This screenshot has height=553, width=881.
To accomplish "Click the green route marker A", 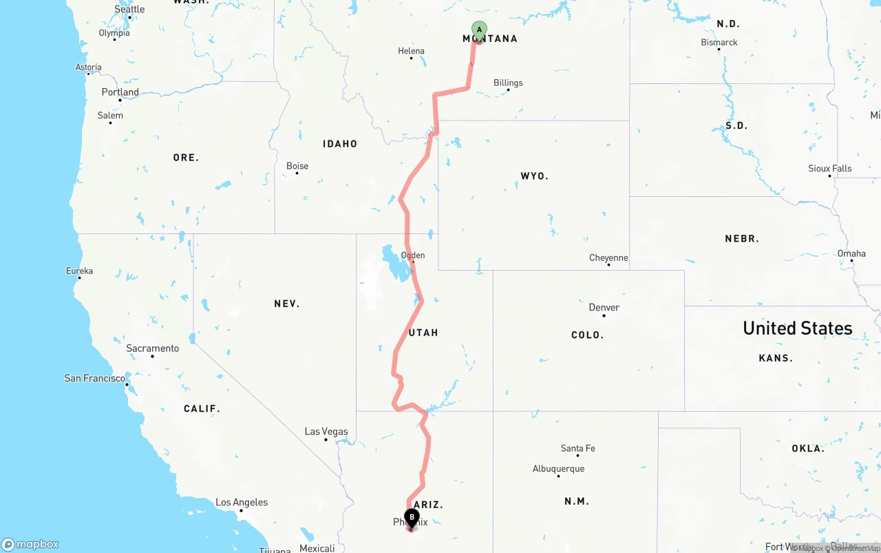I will coord(479,30).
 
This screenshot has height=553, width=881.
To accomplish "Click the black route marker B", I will coord(412,517).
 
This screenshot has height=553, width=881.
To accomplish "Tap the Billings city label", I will coord(508,83).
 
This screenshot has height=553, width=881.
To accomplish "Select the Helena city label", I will coord(411,51).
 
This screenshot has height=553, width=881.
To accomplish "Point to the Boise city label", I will coord(297,166).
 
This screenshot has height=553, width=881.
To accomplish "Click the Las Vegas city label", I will coord(326,432).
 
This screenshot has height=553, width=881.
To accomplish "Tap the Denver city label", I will coord(604,307).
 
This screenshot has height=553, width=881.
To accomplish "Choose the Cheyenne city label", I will coord(608,258).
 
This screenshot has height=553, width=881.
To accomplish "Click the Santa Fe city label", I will coord(577,448).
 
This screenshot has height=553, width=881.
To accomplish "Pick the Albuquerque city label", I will coord(558,469).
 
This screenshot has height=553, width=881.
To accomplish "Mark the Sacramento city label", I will coord(152,348).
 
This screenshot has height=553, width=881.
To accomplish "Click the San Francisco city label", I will coord(94,378).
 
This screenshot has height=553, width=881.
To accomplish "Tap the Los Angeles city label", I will coord(242,503).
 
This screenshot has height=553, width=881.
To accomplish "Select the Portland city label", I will coord(120,92).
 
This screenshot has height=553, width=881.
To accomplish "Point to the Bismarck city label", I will coord(719,43).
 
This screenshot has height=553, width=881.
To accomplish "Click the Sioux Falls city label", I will coord(829,169).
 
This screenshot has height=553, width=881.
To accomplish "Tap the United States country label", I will coord(797,328).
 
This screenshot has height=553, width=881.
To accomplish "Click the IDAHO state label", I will coord(340,144).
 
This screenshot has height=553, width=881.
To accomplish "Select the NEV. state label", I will coord(286,304).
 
